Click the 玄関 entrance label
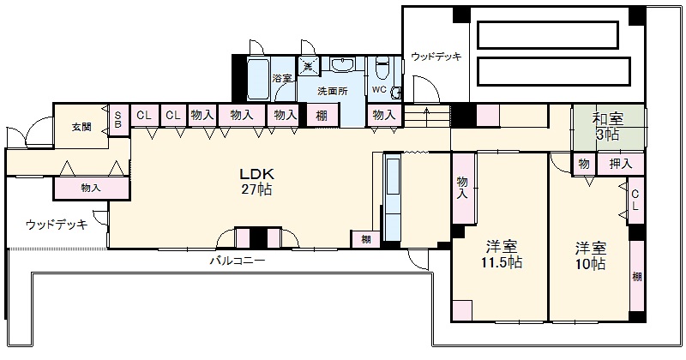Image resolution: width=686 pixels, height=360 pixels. point(81,127)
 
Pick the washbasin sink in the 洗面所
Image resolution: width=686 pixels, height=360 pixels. point(343,65)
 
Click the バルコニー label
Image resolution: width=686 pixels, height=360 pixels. point(239,261)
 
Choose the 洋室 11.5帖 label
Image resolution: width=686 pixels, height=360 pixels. point(500,255)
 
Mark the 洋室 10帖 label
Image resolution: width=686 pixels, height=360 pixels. point(591,255)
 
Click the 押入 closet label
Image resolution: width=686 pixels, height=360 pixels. point(621,164)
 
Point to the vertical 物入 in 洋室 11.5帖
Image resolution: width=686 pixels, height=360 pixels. point(463,188)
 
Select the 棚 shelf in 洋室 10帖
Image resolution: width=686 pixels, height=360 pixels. point(636,276)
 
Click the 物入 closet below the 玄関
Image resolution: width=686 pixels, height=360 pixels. point(91,187)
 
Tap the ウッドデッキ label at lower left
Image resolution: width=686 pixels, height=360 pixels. point(57,225)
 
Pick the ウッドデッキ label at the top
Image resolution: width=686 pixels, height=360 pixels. point(436,57)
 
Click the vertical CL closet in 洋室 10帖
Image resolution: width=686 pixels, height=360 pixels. point(635,201)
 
